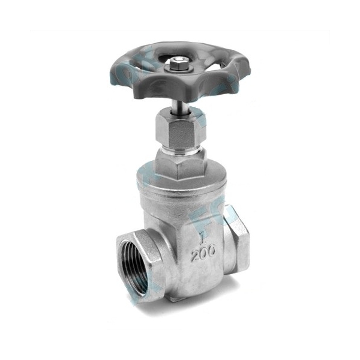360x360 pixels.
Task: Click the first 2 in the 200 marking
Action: tap(195, 256)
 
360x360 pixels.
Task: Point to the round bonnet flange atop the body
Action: tap(180, 180)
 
